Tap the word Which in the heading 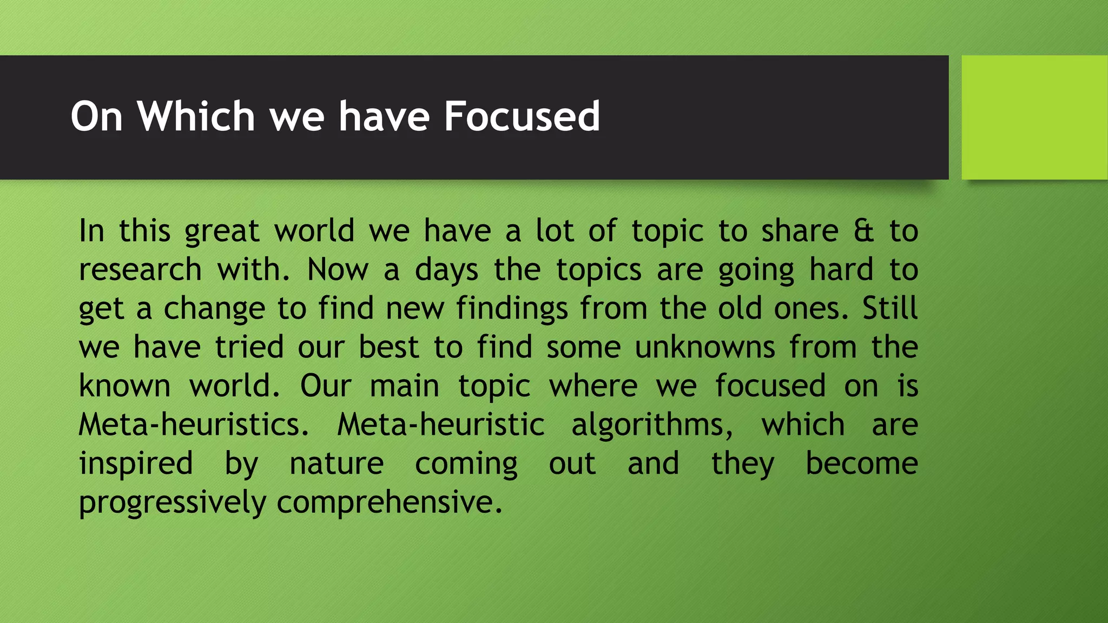[x=196, y=116]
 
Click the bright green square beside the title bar [x=1034, y=117]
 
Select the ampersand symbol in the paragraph [x=863, y=231]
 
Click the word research [x=140, y=270]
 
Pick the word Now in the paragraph [x=338, y=270]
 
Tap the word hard [x=841, y=270]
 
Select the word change [x=214, y=309]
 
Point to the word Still [x=890, y=308]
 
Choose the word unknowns [x=705, y=347]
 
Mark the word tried [x=249, y=347]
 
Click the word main [x=404, y=386]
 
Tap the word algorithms [x=652, y=425]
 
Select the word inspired [x=136, y=465]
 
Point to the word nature [x=337, y=465]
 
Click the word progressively [x=173, y=503]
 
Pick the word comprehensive [x=390, y=503]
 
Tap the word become [x=862, y=464]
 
